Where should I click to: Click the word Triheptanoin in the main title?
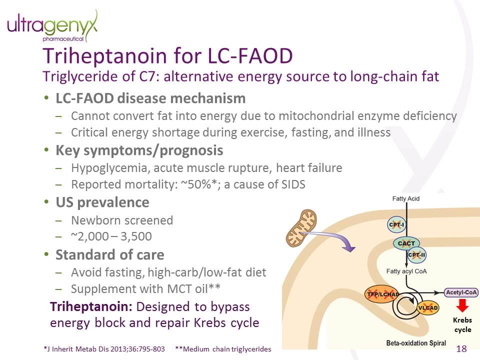point(104,56)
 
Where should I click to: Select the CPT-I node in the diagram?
point(396,225)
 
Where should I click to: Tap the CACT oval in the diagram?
point(406,243)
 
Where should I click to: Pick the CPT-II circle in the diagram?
point(416,255)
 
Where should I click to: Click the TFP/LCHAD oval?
point(382,294)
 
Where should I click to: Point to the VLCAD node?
point(428,307)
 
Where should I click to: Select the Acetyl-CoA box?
point(461,292)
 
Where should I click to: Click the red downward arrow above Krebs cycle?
point(462,305)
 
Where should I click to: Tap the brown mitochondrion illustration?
point(301,228)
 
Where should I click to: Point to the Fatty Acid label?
point(406,198)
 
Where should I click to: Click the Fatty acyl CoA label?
point(406,271)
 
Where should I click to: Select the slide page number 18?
point(461,348)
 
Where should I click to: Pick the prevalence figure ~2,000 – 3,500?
point(111,236)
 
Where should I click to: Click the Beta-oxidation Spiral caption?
point(416,343)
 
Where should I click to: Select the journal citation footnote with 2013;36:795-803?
point(104,349)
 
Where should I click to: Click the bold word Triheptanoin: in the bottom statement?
point(91,306)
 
